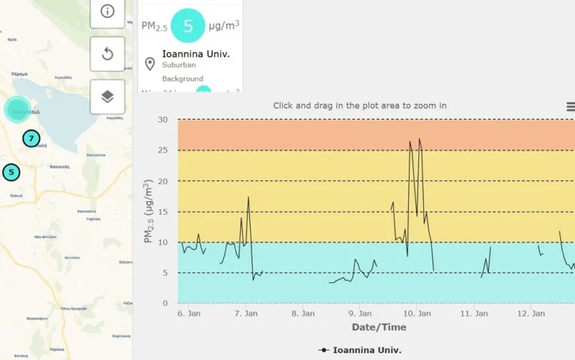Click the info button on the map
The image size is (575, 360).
tap(107, 11)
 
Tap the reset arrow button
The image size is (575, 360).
tap(107, 53)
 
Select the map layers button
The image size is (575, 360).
tap(107, 97)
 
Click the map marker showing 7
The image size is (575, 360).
tap(31, 138)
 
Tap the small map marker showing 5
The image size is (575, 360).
tap(11, 172)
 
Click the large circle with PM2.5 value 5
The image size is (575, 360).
tap(188, 25)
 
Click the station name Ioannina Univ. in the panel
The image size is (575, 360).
tap(195, 54)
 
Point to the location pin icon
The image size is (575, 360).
tap(150, 64)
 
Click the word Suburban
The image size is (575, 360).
tap(179, 65)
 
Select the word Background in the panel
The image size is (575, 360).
tap(183, 79)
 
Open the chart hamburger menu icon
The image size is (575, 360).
tap(571, 107)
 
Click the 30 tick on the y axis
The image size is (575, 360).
tap(162, 120)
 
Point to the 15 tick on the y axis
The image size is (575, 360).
tap(162, 212)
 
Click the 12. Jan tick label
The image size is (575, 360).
tap(530, 314)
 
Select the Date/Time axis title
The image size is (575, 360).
tap(379, 328)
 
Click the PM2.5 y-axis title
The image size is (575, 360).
tap(148, 211)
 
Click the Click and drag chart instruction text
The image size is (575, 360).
tap(359, 106)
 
